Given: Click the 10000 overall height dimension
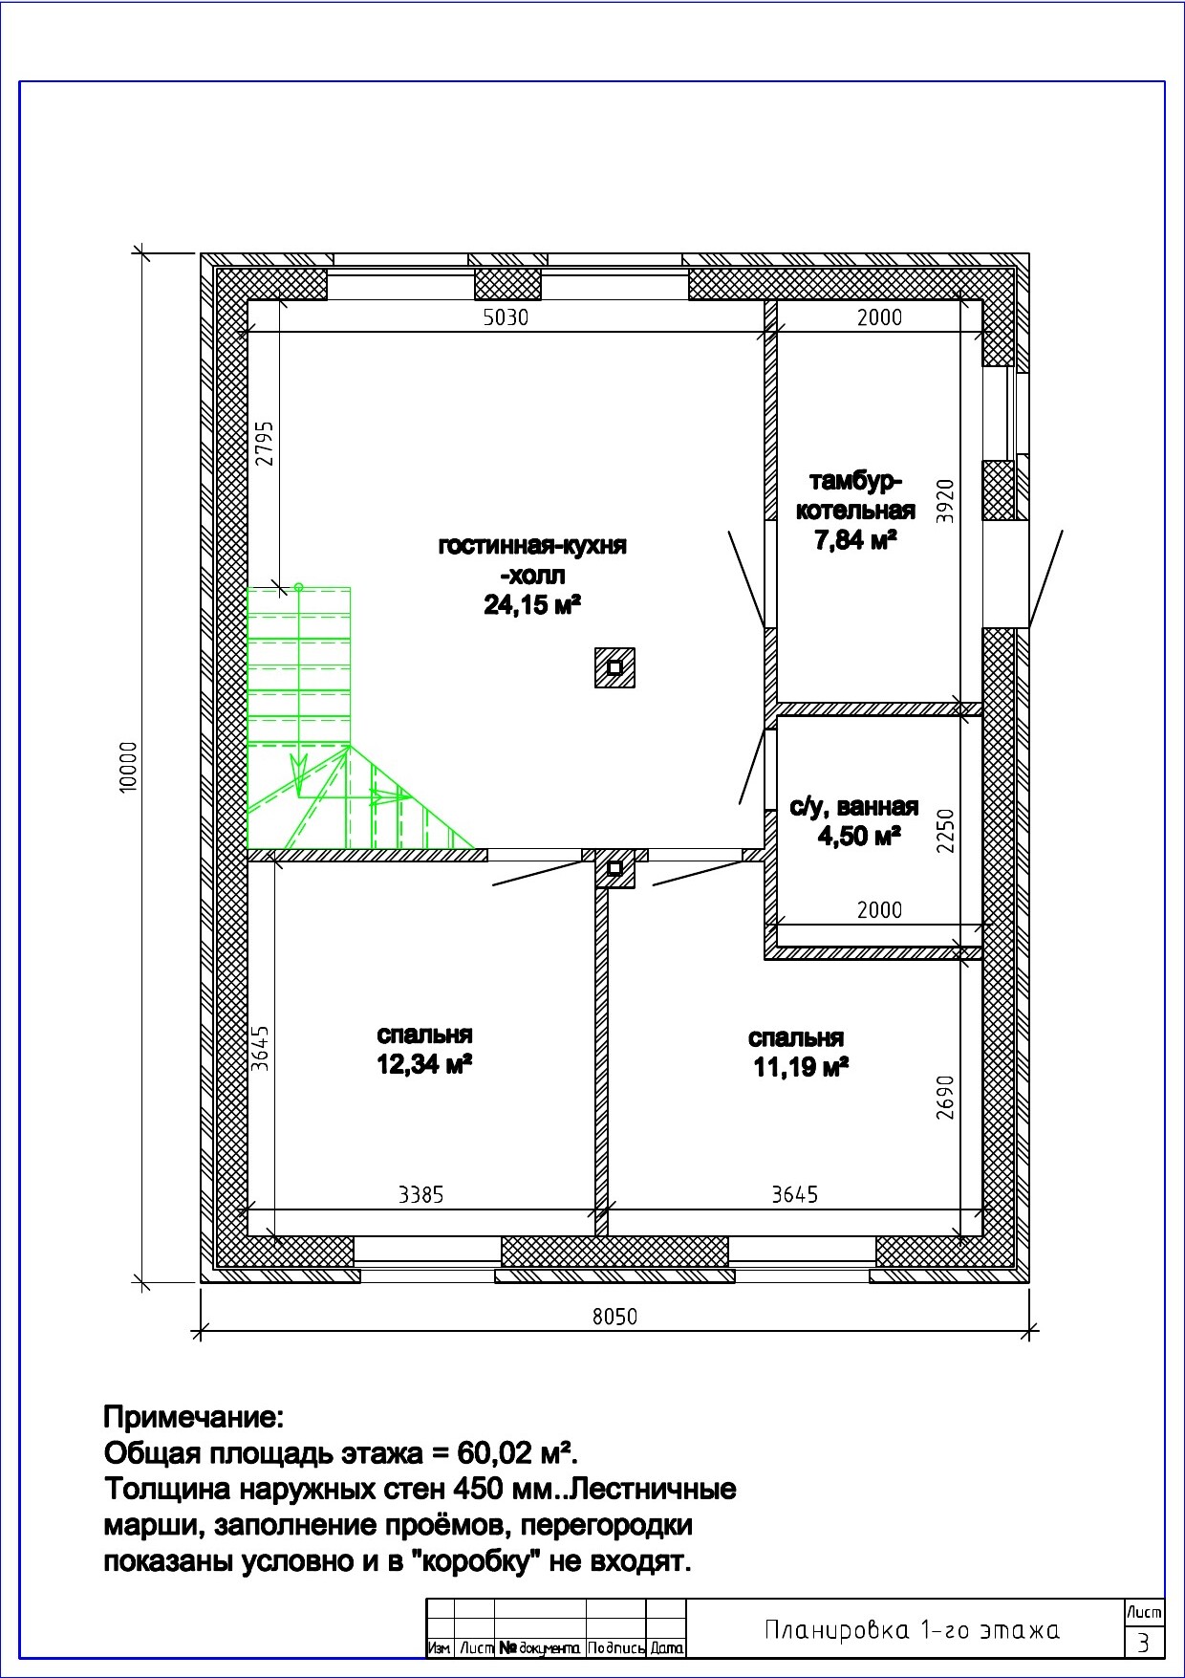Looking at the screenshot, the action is click(130, 766).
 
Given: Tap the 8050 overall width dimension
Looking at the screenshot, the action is click(614, 1317).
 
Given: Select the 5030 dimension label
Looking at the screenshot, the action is click(506, 317).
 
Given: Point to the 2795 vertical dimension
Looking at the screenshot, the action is click(265, 443).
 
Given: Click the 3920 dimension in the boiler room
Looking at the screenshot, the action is click(945, 500).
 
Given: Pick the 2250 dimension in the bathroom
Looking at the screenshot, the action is click(945, 831).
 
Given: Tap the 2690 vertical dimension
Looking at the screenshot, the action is click(945, 1097).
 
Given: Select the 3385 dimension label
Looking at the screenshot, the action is click(421, 1194).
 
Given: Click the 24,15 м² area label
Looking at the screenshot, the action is click(533, 604).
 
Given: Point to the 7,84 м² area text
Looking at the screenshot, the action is click(855, 540).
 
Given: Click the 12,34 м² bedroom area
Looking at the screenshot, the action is click(425, 1063).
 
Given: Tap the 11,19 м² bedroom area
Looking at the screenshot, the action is click(802, 1067).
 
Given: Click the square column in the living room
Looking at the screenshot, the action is click(615, 667).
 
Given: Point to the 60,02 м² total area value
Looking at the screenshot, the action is click(516, 1453).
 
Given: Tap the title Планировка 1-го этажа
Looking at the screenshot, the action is click(912, 1630).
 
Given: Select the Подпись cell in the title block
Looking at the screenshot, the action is click(616, 1648).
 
